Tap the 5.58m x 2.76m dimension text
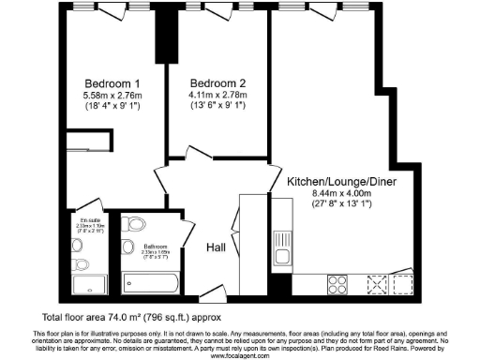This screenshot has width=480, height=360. (113, 96)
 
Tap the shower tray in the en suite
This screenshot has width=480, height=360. (90, 284)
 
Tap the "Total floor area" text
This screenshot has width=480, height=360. (137, 317)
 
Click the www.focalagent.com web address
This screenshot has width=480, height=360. (239, 356)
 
